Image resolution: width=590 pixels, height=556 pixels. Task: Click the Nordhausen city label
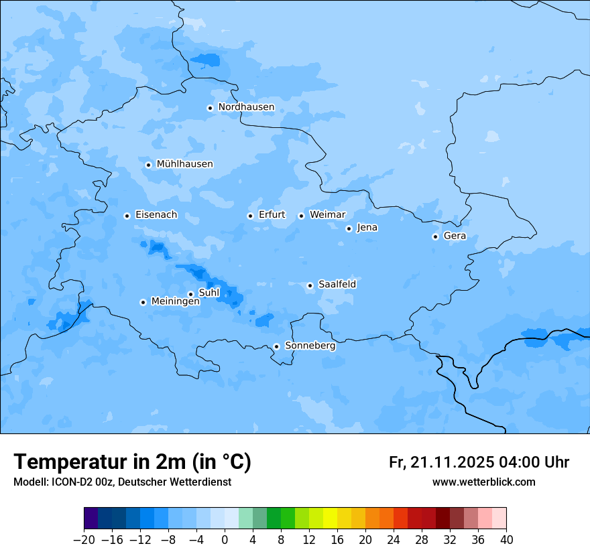(246, 107)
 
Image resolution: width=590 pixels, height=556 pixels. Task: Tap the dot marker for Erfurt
(250, 216)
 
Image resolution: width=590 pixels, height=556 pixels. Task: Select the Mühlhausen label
(184, 164)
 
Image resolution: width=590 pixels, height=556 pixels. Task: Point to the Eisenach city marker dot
(127, 216)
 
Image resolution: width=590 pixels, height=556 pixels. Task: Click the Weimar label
(327, 215)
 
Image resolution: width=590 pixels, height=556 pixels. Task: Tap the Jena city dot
(349, 228)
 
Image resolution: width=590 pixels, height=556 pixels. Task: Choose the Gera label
(455, 236)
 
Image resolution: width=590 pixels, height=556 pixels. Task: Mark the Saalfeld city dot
(310, 285)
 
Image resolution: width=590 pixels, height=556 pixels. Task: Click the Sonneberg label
(310, 346)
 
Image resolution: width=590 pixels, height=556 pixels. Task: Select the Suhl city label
(209, 293)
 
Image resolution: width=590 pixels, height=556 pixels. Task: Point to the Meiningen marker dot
(143, 302)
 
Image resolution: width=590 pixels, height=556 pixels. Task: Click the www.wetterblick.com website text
(483, 482)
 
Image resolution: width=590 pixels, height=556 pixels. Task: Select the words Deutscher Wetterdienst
(175, 482)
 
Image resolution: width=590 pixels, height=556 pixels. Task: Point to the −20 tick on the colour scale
(84, 540)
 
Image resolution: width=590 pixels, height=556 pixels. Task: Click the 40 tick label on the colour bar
(506, 540)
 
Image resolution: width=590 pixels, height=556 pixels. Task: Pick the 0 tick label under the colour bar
(225, 540)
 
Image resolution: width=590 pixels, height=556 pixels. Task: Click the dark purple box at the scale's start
(91, 518)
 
